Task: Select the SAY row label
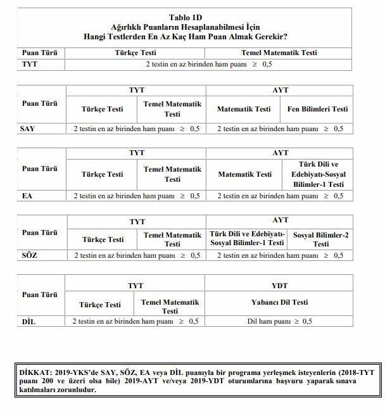[x=28, y=129]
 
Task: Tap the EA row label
[x=27, y=196]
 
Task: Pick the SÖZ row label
[x=29, y=255]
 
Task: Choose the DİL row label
[x=29, y=321]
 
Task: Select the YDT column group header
[x=279, y=286]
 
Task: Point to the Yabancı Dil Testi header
[x=279, y=303]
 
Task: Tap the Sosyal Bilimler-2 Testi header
[x=320, y=239]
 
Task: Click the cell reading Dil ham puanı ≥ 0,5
[x=279, y=321]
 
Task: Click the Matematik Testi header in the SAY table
[x=244, y=109]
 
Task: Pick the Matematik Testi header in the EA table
[x=244, y=174]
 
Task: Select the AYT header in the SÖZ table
[x=280, y=220]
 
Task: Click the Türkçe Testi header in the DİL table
[x=100, y=305]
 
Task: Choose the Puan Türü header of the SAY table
[x=39, y=103]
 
